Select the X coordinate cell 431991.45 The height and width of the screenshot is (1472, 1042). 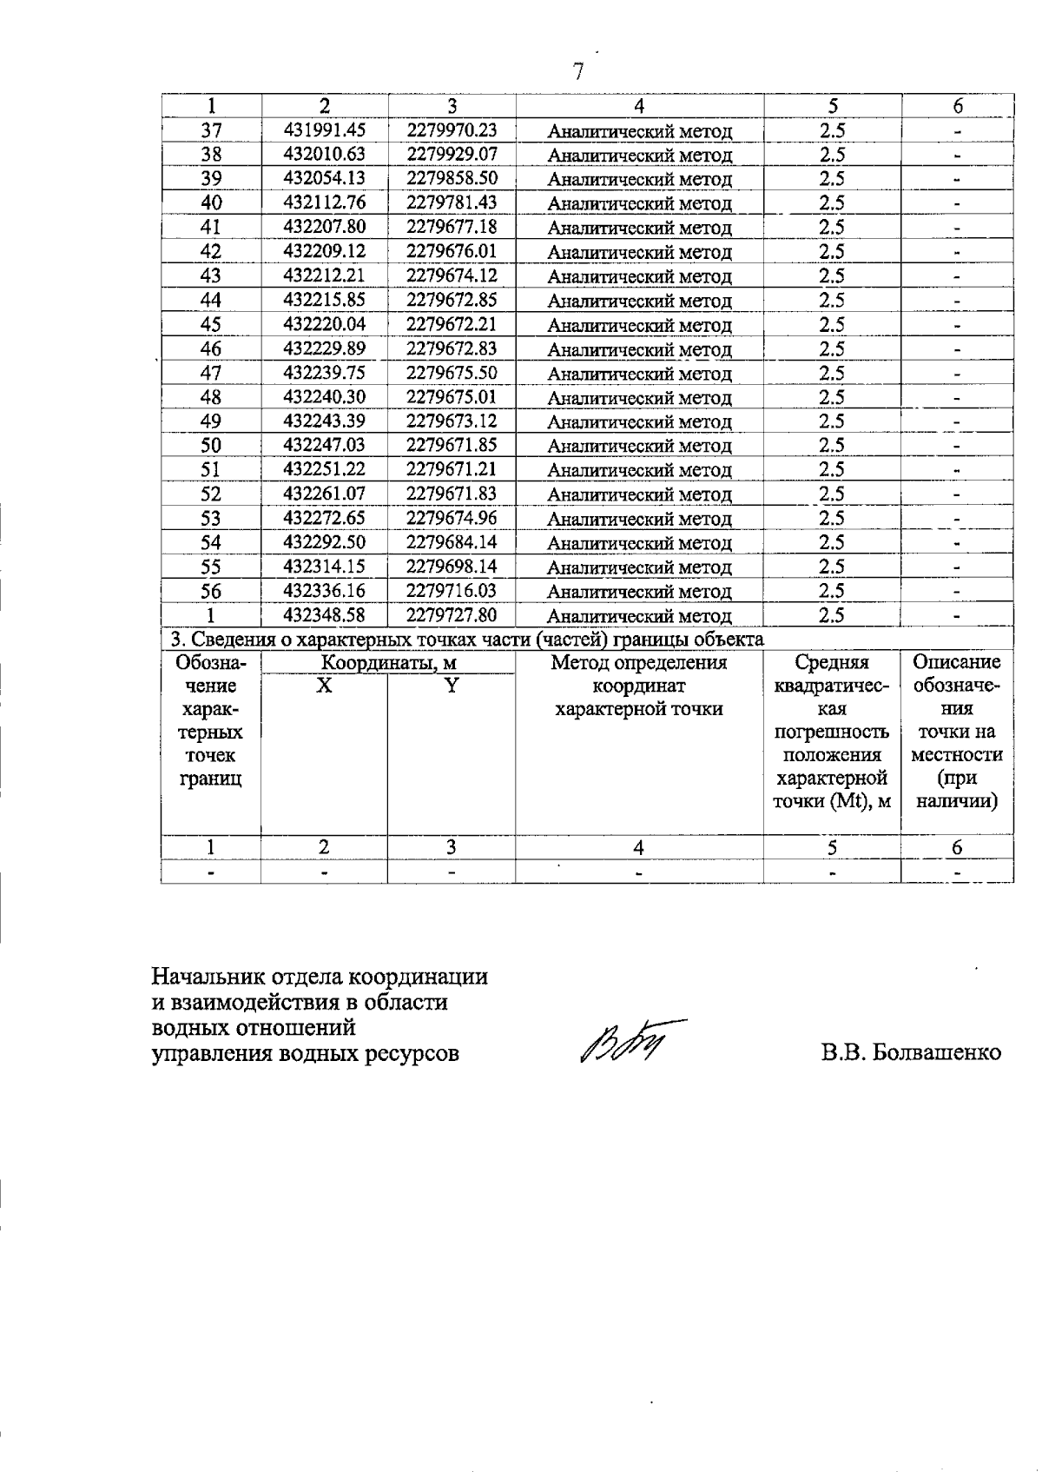[x=325, y=130]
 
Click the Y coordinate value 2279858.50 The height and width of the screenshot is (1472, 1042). [x=452, y=178]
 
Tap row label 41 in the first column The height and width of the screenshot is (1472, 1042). [x=211, y=227]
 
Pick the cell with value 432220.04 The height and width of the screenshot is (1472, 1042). [x=325, y=324]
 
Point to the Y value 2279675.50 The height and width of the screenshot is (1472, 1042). [x=452, y=373]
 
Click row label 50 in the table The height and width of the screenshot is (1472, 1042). [x=211, y=446]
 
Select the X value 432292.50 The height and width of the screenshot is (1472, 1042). [x=325, y=542]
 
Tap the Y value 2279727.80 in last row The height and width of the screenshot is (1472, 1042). [x=452, y=615]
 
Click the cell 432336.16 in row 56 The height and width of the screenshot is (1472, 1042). [x=325, y=591]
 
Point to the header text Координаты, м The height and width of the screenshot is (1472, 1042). [x=389, y=663]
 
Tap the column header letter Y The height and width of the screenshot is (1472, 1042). [x=451, y=685]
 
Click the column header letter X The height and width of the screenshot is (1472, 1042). [x=323, y=685]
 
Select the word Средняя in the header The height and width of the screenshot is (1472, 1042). [x=831, y=663]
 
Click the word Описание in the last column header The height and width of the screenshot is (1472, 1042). [x=957, y=662]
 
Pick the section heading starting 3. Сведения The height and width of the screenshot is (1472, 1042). [x=466, y=640]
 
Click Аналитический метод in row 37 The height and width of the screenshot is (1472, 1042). [x=640, y=132]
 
